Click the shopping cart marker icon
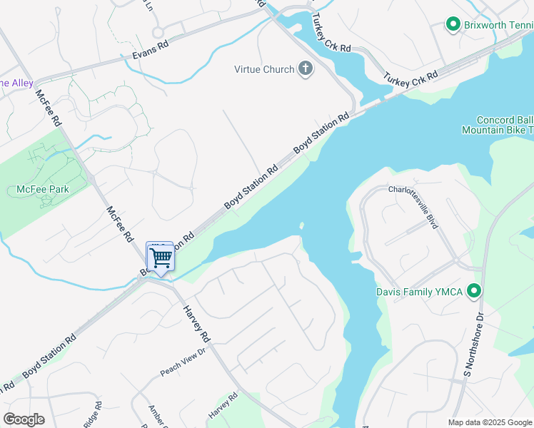click(x=160, y=257)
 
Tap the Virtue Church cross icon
click(x=306, y=69)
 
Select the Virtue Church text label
click(x=264, y=69)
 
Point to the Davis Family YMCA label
click(x=420, y=291)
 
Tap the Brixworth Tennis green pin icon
click(x=452, y=25)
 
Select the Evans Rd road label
click(x=151, y=49)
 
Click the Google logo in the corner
click(x=24, y=419)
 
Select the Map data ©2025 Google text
click(x=490, y=422)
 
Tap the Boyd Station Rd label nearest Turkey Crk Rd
click(x=323, y=133)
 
